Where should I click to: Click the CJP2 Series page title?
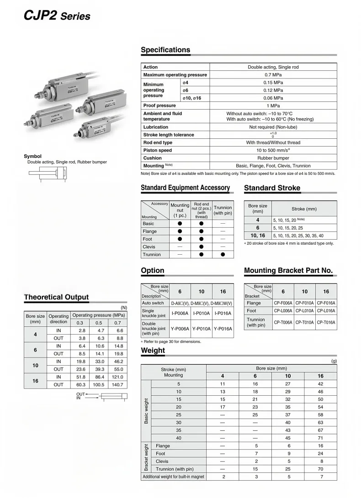[57, 16]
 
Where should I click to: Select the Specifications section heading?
[165, 50]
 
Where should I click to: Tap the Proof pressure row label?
[159, 105]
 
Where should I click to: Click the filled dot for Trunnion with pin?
[223, 255]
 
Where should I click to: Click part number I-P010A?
[202, 313]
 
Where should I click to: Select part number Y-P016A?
[223, 329]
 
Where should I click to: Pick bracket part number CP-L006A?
[283, 311]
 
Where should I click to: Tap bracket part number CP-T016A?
[326, 322]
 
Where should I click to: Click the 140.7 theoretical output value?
[118, 385]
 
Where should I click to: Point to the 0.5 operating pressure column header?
[98, 323]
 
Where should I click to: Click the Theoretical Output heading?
[56, 297]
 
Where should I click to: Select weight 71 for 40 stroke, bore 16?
[320, 438]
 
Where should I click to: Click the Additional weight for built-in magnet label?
[173, 477]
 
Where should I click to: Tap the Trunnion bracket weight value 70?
[320, 469]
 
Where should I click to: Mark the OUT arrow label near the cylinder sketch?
[81, 394]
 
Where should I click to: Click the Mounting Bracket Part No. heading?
[288, 271]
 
